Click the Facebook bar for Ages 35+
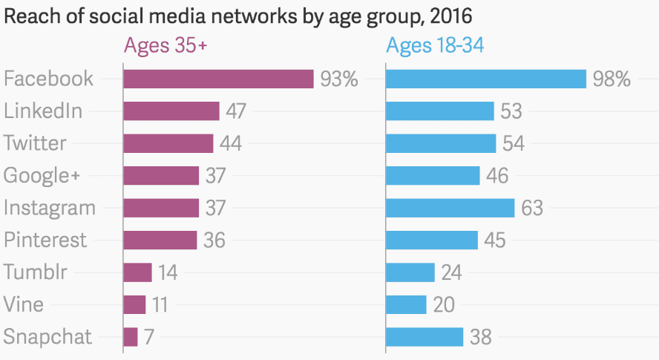(x=218, y=79)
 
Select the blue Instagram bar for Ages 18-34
(x=450, y=208)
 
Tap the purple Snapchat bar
(x=131, y=337)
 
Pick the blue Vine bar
(x=407, y=304)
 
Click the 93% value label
(x=339, y=79)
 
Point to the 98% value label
(x=612, y=79)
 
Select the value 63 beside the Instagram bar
(x=532, y=208)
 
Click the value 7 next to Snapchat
(x=148, y=337)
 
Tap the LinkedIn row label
(x=43, y=111)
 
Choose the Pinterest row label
(x=45, y=240)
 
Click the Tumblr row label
(x=36, y=272)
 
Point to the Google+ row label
(x=42, y=176)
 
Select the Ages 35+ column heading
(x=165, y=46)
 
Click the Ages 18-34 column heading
(x=435, y=46)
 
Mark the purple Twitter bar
(x=168, y=143)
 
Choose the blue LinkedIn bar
(x=440, y=111)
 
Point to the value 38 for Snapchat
(x=481, y=337)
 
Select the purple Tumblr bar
(x=137, y=272)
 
